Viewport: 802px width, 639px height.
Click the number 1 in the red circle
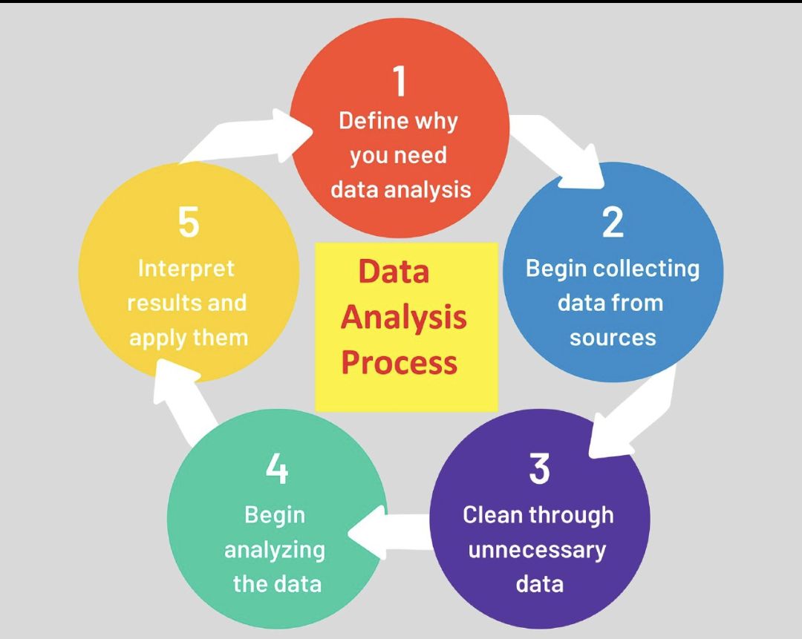click(x=400, y=81)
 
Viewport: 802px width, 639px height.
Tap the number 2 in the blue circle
click(x=613, y=223)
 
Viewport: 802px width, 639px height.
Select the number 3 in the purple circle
click(x=539, y=469)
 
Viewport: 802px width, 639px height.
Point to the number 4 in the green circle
click(x=277, y=469)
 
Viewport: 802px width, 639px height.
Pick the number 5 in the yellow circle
click(x=188, y=223)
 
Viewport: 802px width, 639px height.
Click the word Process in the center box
click(x=399, y=362)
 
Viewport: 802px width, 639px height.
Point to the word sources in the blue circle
click(x=613, y=338)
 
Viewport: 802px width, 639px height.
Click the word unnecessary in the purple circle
click(x=537, y=550)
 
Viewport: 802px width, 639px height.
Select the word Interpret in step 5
click(x=186, y=269)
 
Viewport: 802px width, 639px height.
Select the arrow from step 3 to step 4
click(x=388, y=531)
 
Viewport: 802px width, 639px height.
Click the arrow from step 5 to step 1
click(x=246, y=137)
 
